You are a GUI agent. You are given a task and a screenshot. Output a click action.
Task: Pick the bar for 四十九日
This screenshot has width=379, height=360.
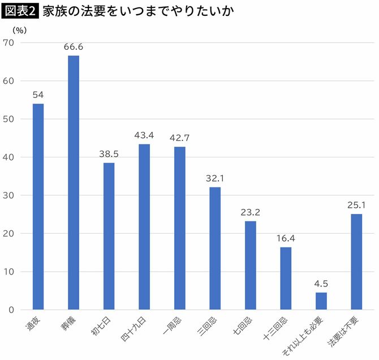(144, 226)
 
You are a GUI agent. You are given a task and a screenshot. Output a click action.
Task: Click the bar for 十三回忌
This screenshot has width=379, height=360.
(286, 278)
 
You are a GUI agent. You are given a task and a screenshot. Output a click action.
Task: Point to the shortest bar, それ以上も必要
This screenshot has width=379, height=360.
(321, 301)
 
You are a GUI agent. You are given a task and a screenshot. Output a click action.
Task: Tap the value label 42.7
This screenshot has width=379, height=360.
(179, 138)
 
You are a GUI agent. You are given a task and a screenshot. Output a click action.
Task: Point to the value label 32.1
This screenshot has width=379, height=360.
(215, 178)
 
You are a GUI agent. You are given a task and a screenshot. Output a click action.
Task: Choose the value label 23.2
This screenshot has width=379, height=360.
(251, 212)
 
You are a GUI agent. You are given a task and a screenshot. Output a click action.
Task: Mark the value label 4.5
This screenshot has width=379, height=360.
(321, 284)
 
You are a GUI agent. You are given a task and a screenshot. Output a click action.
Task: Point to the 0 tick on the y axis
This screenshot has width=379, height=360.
(11, 310)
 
